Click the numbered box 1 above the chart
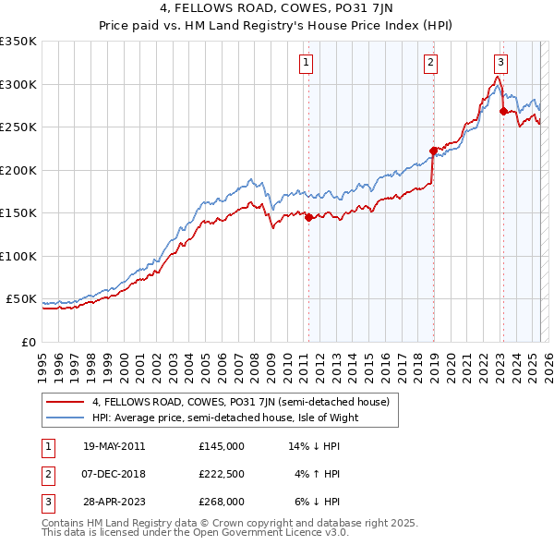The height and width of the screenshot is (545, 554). (306, 63)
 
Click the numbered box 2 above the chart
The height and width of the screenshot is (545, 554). (431, 63)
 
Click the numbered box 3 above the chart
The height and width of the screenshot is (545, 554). (500, 63)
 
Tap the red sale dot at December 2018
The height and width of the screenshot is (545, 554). (433, 151)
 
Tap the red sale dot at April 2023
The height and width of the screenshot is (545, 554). (503, 112)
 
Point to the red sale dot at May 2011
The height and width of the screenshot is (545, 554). (308, 217)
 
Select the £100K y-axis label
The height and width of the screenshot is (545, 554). (18, 256)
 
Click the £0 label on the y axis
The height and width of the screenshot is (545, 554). (27, 342)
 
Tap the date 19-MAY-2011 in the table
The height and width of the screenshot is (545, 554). (114, 446)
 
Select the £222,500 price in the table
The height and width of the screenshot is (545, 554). (222, 474)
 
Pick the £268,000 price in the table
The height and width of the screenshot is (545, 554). (222, 502)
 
